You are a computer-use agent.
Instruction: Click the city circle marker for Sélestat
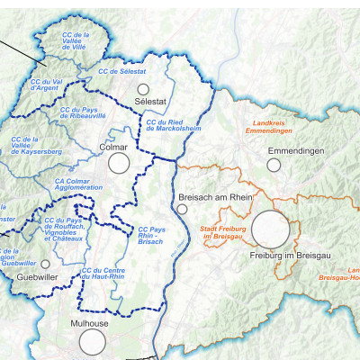pos(143,89)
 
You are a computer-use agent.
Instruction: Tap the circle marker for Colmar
pos(119,163)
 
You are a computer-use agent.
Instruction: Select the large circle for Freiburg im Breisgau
pos(270,229)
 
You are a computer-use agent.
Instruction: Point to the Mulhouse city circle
pos(92,341)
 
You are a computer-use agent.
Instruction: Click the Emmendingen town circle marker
pos(274,165)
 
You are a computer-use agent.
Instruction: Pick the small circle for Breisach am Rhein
pos(182,209)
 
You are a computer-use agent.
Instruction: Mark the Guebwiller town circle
pos(46,264)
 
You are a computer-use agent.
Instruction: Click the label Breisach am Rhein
pos(215,196)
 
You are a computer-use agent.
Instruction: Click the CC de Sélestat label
pos(121,70)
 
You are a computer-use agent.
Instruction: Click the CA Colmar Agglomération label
pos(76,184)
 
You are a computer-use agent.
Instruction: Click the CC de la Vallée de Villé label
pos(82,40)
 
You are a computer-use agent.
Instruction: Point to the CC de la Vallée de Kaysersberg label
pos(31,145)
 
